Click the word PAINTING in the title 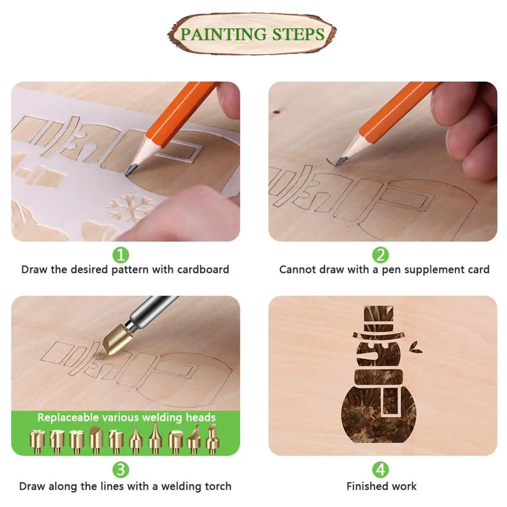[217, 34]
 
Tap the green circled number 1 [121, 253]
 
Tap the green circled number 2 [381, 253]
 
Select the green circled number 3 [121, 469]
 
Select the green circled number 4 [381, 469]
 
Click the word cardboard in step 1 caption [203, 270]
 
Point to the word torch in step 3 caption [218, 486]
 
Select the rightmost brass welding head [213, 439]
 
